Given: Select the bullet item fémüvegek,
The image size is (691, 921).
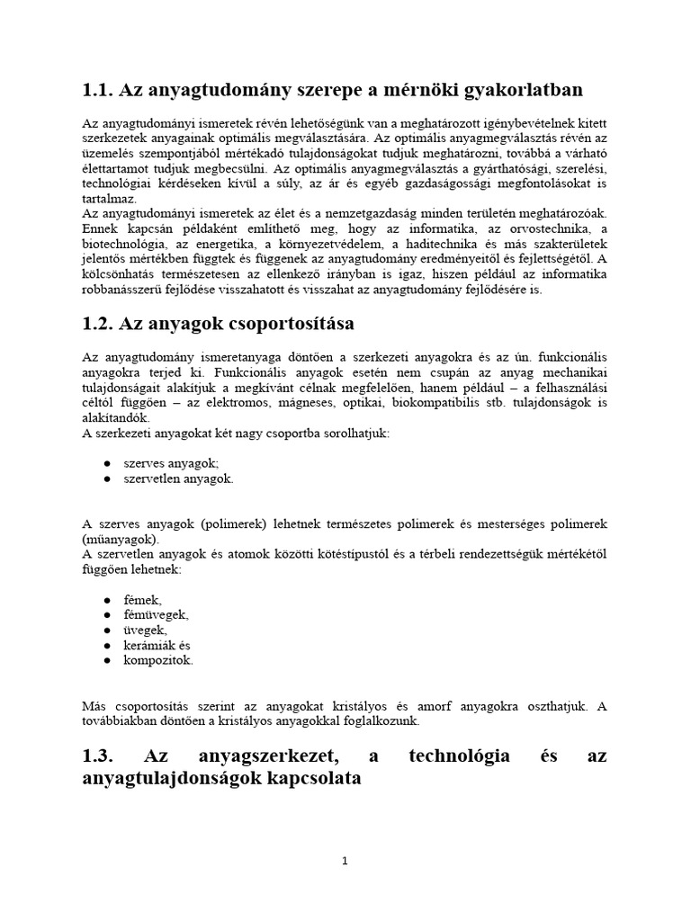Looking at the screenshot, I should [x=157, y=614].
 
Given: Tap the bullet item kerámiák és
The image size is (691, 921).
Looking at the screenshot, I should [x=157, y=645].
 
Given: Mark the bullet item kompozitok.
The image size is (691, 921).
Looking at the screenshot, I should [x=158, y=660].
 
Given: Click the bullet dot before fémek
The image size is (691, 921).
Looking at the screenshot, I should [x=107, y=600].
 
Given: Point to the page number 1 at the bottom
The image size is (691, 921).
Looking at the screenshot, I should [x=345, y=861].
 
